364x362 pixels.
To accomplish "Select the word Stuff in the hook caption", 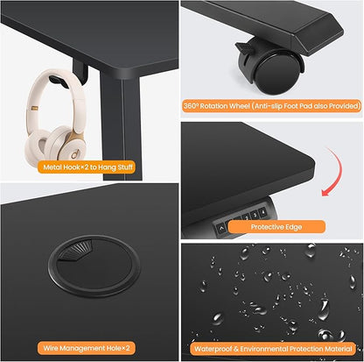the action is [125, 167].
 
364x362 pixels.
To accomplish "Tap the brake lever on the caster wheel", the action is [243, 48].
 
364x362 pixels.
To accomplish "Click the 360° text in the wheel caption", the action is [191, 106].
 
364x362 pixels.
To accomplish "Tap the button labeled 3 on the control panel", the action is [255, 215].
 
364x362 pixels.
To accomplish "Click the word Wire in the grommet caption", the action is [50, 348].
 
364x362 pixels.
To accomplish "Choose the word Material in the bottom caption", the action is [339, 349].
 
